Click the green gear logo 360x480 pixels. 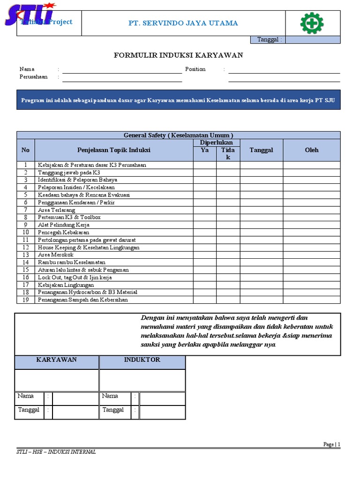click(x=313, y=22)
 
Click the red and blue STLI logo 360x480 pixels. click(x=29, y=14)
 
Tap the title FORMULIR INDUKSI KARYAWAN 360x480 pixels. click(x=179, y=55)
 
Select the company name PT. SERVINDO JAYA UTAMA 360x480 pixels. click(x=183, y=23)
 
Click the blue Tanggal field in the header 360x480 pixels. click(x=313, y=40)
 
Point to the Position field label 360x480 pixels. click(x=195, y=69)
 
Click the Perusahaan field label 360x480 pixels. click(x=34, y=77)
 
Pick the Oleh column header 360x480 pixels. click(x=311, y=150)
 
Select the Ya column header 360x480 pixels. click(x=204, y=150)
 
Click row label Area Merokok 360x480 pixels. click(x=56, y=255)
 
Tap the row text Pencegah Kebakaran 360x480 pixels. click(x=63, y=232)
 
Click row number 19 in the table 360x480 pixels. click(x=26, y=300)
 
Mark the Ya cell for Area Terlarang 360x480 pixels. click(x=204, y=210)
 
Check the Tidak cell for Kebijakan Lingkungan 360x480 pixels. click(x=228, y=285)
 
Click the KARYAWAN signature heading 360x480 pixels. click(x=57, y=360)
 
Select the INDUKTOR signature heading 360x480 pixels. click(x=142, y=360)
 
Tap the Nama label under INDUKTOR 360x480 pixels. click(x=110, y=396)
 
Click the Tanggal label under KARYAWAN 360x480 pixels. click(x=29, y=410)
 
